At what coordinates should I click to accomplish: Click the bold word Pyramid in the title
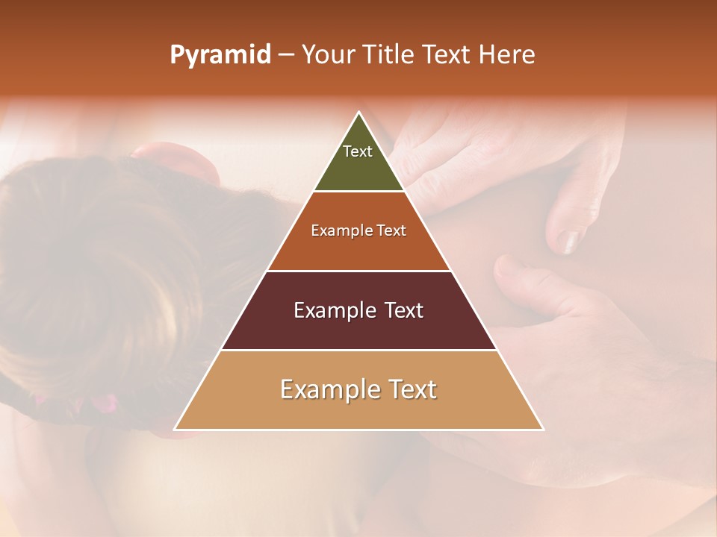(x=220, y=55)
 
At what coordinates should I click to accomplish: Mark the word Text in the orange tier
(x=391, y=231)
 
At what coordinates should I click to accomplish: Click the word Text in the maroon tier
(x=404, y=310)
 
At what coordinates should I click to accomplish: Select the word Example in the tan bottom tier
(x=326, y=389)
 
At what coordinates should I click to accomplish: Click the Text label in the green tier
(x=358, y=151)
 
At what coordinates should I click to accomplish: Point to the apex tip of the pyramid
(x=359, y=113)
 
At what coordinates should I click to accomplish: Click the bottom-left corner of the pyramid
(x=176, y=429)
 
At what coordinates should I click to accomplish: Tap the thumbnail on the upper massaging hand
(x=570, y=240)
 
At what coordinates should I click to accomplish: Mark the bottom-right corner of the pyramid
(x=542, y=429)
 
